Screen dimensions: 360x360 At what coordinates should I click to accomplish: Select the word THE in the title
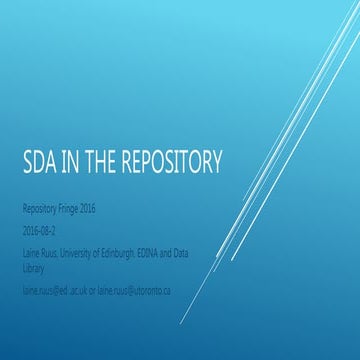point(107,161)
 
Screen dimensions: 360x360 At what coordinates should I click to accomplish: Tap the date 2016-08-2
point(44,225)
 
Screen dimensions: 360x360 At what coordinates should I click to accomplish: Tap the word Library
point(35,254)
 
